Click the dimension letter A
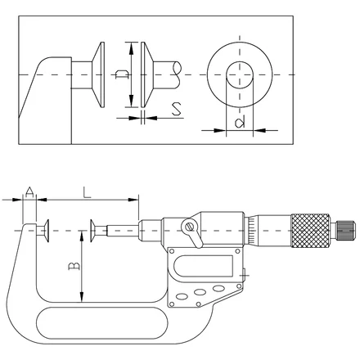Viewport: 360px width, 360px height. (x=29, y=192)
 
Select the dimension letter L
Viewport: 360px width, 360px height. (x=87, y=192)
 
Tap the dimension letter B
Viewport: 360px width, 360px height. (x=74, y=266)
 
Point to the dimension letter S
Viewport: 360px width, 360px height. (x=177, y=109)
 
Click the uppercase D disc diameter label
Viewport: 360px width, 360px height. (x=122, y=74)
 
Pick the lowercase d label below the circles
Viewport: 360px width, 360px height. (x=240, y=123)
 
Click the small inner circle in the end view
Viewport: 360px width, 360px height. (x=239, y=75)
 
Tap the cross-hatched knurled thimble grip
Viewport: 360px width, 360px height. (x=310, y=231)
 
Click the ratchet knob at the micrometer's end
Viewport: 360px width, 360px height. (x=346, y=231)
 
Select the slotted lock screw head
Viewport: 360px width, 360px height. (x=190, y=227)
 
